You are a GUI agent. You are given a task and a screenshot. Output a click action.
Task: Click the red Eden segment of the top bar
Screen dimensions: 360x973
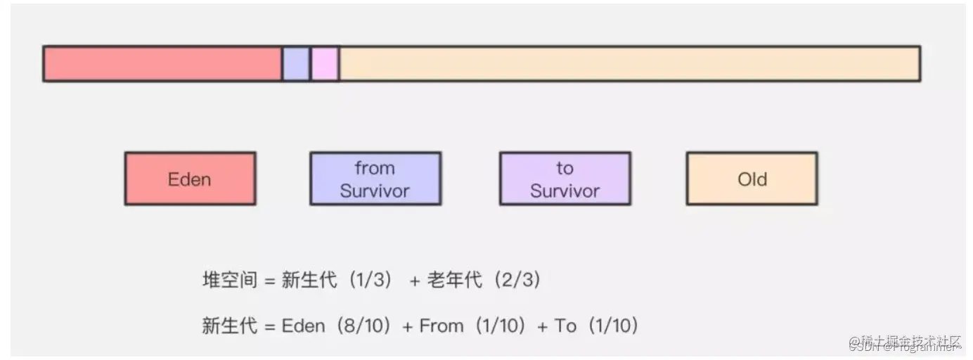pos(162,64)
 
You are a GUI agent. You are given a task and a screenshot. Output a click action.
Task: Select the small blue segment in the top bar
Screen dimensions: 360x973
pos(296,64)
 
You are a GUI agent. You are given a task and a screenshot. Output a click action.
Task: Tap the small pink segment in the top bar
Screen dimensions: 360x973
pos(325,64)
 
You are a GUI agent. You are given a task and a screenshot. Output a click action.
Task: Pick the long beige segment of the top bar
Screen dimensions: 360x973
pos(629,64)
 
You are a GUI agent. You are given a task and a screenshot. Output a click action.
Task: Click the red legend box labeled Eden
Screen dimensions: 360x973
pos(190,179)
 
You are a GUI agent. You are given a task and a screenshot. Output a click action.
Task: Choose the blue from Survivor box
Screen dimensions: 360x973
pos(375,179)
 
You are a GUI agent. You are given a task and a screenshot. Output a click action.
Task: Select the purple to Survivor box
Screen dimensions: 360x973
pos(565,179)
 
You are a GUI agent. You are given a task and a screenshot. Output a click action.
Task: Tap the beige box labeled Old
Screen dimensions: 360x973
pos(752,179)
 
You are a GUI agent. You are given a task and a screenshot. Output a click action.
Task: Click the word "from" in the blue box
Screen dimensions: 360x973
pos(375,168)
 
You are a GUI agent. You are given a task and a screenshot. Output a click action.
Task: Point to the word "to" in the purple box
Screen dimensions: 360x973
pos(565,168)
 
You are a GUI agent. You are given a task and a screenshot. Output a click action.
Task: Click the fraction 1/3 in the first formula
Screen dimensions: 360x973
pos(366,281)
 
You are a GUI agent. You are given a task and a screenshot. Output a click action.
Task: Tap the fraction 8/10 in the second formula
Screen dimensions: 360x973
pos(363,326)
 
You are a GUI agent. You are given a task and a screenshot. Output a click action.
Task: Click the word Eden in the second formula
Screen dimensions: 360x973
pos(303,326)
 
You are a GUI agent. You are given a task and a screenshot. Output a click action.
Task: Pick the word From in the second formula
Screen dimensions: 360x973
pos(442,326)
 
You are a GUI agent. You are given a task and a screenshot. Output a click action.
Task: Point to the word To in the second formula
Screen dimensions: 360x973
pos(565,326)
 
